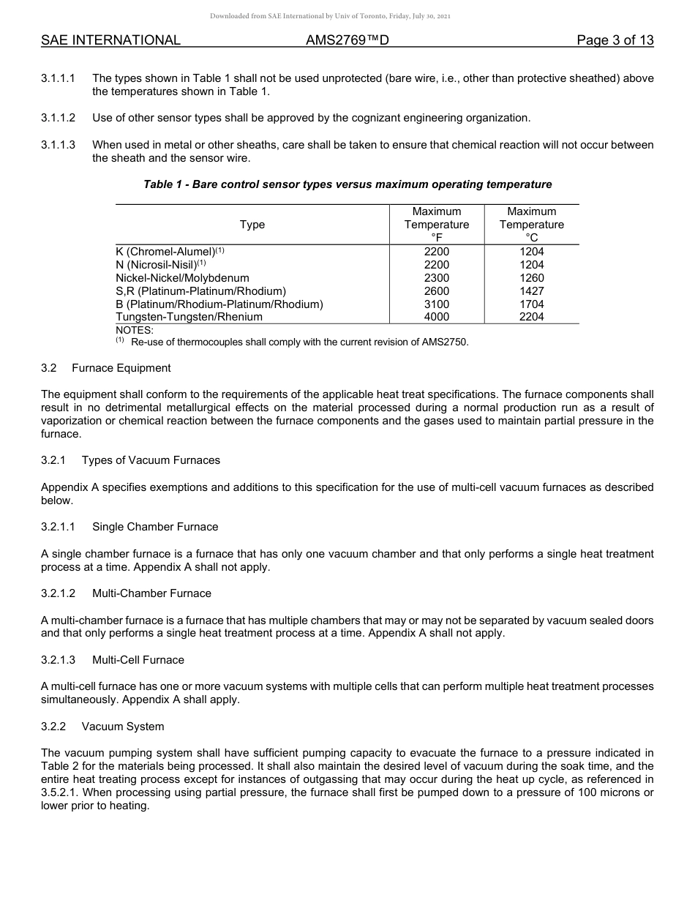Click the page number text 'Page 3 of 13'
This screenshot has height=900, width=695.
(615, 40)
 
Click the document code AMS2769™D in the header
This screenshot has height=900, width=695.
(347, 40)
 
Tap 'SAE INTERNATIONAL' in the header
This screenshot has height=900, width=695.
(110, 40)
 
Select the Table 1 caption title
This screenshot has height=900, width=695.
(347, 184)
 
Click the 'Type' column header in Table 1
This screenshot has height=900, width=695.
(252, 225)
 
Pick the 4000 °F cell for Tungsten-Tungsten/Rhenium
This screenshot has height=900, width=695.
(437, 317)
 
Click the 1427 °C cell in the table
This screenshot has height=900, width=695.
(532, 290)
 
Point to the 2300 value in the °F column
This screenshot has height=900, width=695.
(437, 278)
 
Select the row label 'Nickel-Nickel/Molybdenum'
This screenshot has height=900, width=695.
(182, 278)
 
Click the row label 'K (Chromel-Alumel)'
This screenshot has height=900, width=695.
(165, 252)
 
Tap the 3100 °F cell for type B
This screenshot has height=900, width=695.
(437, 304)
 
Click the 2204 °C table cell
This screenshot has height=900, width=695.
(532, 317)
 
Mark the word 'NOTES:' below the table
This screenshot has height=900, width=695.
(135, 330)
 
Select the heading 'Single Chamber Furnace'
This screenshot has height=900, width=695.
(155, 527)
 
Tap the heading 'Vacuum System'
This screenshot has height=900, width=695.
(123, 727)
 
